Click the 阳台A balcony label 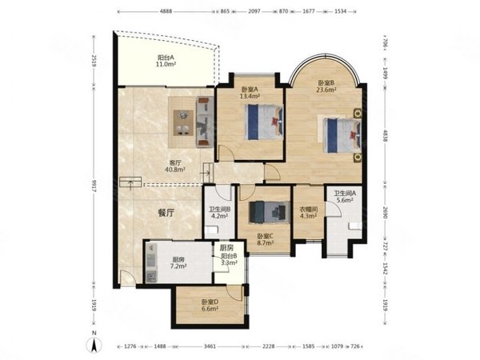coord(166,61)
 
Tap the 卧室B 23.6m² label coord(326,86)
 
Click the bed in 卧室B coord(342,136)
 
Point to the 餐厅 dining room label coord(166,213)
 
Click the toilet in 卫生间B coord(211,230)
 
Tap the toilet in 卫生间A coord(355,226)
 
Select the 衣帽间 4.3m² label coord(308,213)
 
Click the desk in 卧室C coord(270,212)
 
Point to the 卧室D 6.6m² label coord(210,306)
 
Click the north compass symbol coord(94,343)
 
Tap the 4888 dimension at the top coord(166,11)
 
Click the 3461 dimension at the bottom coord(210,346)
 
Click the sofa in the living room coord(205,122)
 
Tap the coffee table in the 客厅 coord(183,122)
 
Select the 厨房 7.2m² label coord(178,263)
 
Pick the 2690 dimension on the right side coord(386,212)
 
